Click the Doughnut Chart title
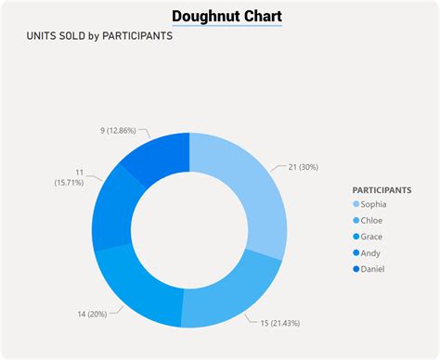(227, 17)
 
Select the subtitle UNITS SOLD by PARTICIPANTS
(100, 38)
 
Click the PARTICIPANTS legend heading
(382, 190)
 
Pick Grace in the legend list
(372, 237)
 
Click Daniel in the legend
(373, 269)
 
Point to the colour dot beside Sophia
(356, 204)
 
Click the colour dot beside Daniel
(356, 269)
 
